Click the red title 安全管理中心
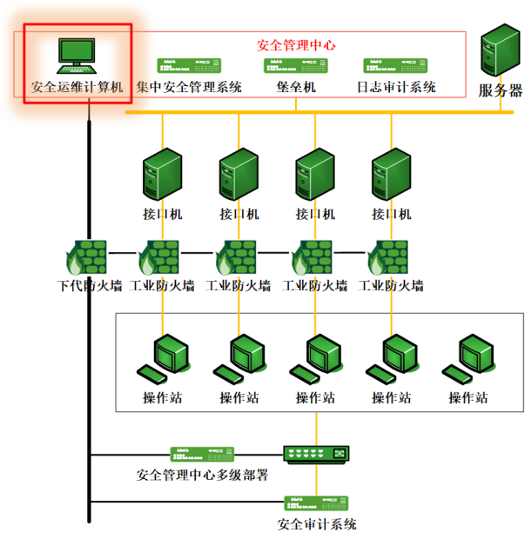[296, 45]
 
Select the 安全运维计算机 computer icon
[77, 56]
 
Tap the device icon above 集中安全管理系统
[189, 66]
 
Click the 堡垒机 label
[296, 87]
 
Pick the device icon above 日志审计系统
[395, 66]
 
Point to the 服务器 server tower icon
[501, 50]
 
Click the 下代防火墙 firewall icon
[86, 257]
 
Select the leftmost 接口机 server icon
[163, 174]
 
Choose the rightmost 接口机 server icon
[391, 174]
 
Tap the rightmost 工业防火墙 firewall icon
[388, 257]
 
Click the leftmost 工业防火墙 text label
[162, 286]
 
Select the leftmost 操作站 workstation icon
[163, 359]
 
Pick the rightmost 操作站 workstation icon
[468, 359]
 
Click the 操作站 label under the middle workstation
[316, 397]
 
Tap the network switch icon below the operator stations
[316, 455]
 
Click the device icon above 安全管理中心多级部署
[202, 454]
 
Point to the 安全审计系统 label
[317, 524]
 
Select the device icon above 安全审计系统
[316, 503]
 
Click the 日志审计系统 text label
[396, 87]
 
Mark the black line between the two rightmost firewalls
[350, 253]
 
